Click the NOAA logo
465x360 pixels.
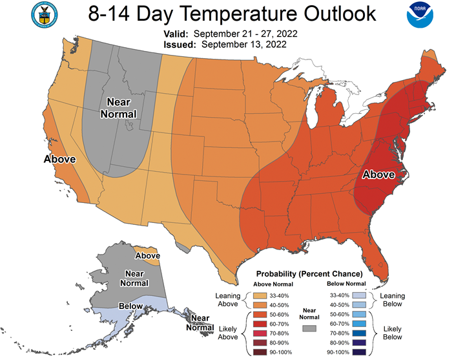[x=420, y=15]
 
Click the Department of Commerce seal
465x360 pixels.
[x=45, y=15]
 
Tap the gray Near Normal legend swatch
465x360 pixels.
[x=309, y=328]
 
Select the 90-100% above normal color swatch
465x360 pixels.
[x=260, y=352]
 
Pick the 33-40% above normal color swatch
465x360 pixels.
[x=260, y=295]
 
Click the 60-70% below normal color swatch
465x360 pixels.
[x=359, y=324]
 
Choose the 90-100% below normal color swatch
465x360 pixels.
[x=359, y=352]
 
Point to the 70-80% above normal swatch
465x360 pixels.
[x=260, y=334]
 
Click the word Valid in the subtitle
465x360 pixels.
[x=176, y=34]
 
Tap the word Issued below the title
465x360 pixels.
[x=180, y=45]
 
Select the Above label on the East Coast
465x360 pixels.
[x=378, y=175]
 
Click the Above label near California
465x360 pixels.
[x=60, y=159]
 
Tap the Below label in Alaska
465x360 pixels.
[x=130, y=306]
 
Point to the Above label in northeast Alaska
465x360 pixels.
[x=148, y=255]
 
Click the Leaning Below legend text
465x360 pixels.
[x=393, y=300]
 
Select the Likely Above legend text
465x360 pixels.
[x=228, y=333]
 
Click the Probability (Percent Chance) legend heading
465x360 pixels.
[x=309, y=273]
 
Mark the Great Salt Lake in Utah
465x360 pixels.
[x=129, y=126]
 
